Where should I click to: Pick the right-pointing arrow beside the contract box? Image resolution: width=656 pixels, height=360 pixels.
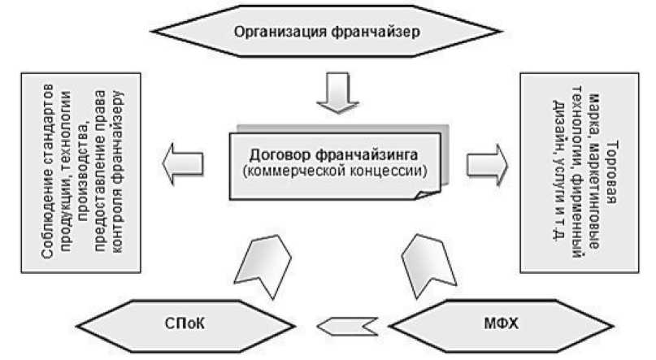[x=487, y=163]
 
